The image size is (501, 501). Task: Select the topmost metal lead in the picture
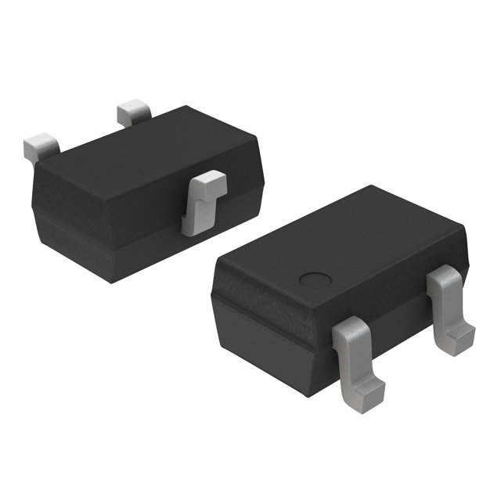pyautogui.click(x=133, y=112)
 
